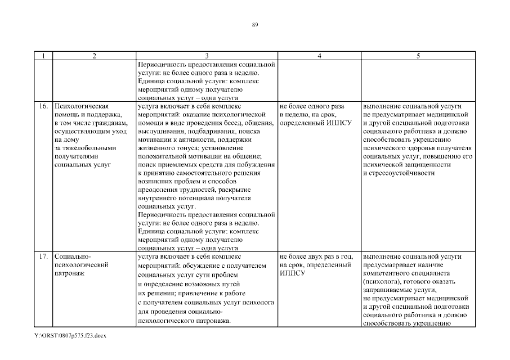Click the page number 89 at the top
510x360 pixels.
[x=255, y=25]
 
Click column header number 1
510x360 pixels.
[x=43, y=56]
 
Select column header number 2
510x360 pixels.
[x=93, y=56]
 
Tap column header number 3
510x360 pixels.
[x=207, y=56]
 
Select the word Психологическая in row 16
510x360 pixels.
[x=81, y=106]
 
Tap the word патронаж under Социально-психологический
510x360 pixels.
[x=69, y=274]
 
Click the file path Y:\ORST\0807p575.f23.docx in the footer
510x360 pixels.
[x=70, y=336]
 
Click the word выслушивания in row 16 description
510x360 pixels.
[x=160, y=131]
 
